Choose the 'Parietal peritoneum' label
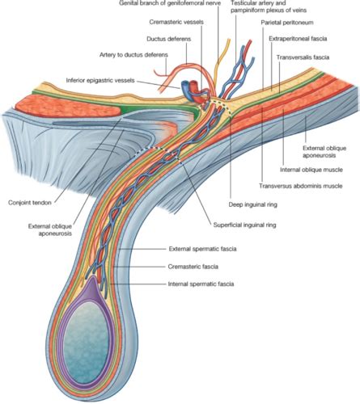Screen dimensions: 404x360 click(292, 23)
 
